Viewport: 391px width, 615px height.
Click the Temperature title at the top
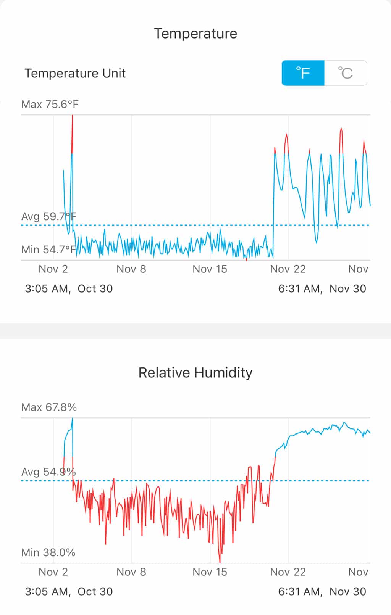tap(195, 34)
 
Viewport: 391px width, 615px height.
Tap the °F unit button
tap(303, 73)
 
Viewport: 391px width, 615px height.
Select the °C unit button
tap(346, 73)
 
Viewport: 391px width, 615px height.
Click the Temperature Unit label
tap(75, 73)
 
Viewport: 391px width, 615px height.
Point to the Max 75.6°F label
tap(50, 104)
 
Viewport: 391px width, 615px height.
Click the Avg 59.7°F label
tap(48, 216)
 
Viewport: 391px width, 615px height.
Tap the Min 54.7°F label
tap(48, 250)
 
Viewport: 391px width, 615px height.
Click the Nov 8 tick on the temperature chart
tap(131, 269)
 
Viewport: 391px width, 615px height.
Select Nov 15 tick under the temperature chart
tap(210, 269)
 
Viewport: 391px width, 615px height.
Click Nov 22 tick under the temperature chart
tap(288, 269)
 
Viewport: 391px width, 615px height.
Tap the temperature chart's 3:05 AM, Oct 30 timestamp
tap(69, 288)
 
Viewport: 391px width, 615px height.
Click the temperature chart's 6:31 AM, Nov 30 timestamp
tap(322, 288)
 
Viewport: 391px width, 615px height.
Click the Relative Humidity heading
tap(195, 372)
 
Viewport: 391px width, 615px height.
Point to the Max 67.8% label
tap(49, 407)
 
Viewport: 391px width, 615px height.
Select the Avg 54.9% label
tap(48, 472)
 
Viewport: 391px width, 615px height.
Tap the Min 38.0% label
tap(48, 552)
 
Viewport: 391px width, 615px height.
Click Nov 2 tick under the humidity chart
tap(53, 572)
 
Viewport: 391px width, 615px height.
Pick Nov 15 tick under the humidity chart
tap(210, 572)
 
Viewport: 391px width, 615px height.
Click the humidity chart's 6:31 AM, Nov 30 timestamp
tap(322, 591)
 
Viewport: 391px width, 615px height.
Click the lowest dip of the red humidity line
tap(220, 562)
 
